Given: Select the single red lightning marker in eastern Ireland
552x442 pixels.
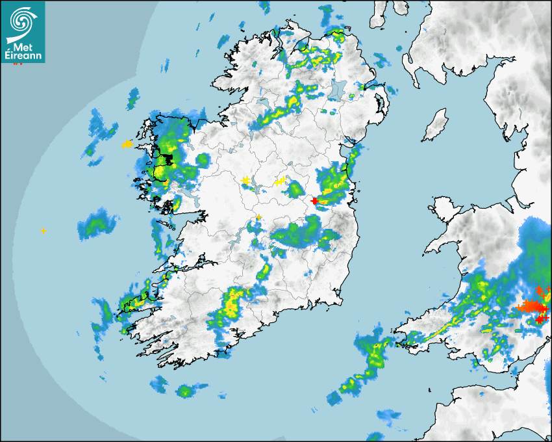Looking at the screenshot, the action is pyautogui.click(x=315, y=201).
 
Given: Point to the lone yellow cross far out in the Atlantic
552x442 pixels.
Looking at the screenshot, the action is pyautogui.click(x=43, y=231).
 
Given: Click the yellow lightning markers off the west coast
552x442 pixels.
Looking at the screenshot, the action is pyautogui.click(x=126, y=144).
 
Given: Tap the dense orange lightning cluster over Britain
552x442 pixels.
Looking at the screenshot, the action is pyautogui.click(x=531, y=305).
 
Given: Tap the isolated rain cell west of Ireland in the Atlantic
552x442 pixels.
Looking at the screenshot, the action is pyautogui.click(x=97, y=224).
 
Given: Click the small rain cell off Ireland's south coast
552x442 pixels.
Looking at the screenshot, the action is pyautogui.click(x=186, y=391).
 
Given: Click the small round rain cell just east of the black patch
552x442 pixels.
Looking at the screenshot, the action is pyautogui.click(x=203, y=159).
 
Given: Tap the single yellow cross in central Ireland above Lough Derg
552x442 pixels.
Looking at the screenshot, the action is pyautogui.click(x=258, y=216).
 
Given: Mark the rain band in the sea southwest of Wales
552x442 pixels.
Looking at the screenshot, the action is pyautogui.click(x=364, y=367).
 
